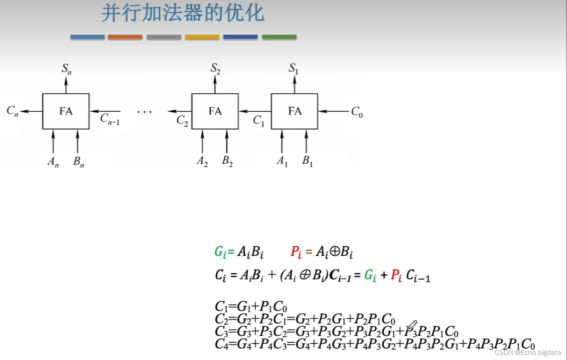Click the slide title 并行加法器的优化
[183, 13]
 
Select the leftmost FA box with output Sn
[66, 111]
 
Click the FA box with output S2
[215, 111]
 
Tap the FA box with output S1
[294, 111]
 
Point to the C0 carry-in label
[357, 112]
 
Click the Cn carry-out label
[12, 111]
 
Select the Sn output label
[66, 69]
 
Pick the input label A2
[202, 161]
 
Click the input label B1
[307, 161]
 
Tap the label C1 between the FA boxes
[258, 120]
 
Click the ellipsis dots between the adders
[144, 112]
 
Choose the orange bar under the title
[125, 37]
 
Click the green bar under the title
[279, 37]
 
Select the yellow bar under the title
[202, 37]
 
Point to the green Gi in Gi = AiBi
[220, 252]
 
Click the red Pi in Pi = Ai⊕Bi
[296, 252]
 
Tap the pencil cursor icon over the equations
[412, 326]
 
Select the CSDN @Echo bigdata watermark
[528, 352]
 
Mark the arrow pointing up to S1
[294, 84]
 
